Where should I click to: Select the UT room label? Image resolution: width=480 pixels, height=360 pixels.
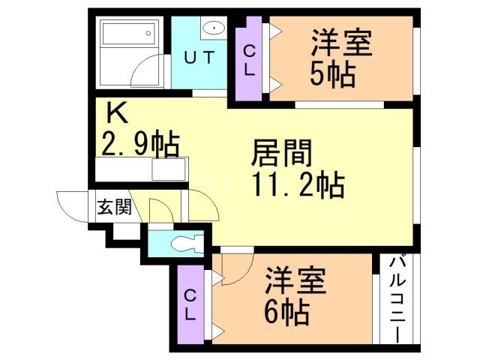(199, 58)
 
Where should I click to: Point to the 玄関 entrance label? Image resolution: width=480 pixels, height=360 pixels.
(113, 208)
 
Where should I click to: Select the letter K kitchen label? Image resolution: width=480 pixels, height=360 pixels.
(116, 112)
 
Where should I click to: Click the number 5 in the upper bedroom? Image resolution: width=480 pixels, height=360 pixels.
(318, 74)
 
